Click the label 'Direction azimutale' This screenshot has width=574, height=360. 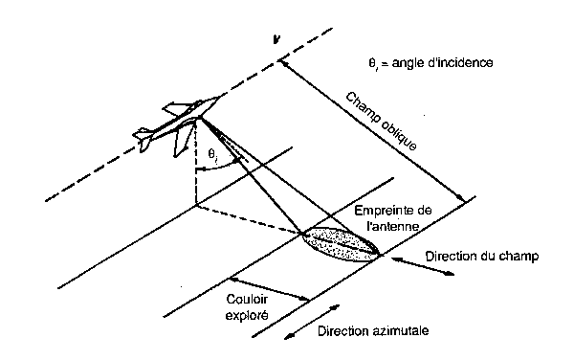(x=372, y=330)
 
